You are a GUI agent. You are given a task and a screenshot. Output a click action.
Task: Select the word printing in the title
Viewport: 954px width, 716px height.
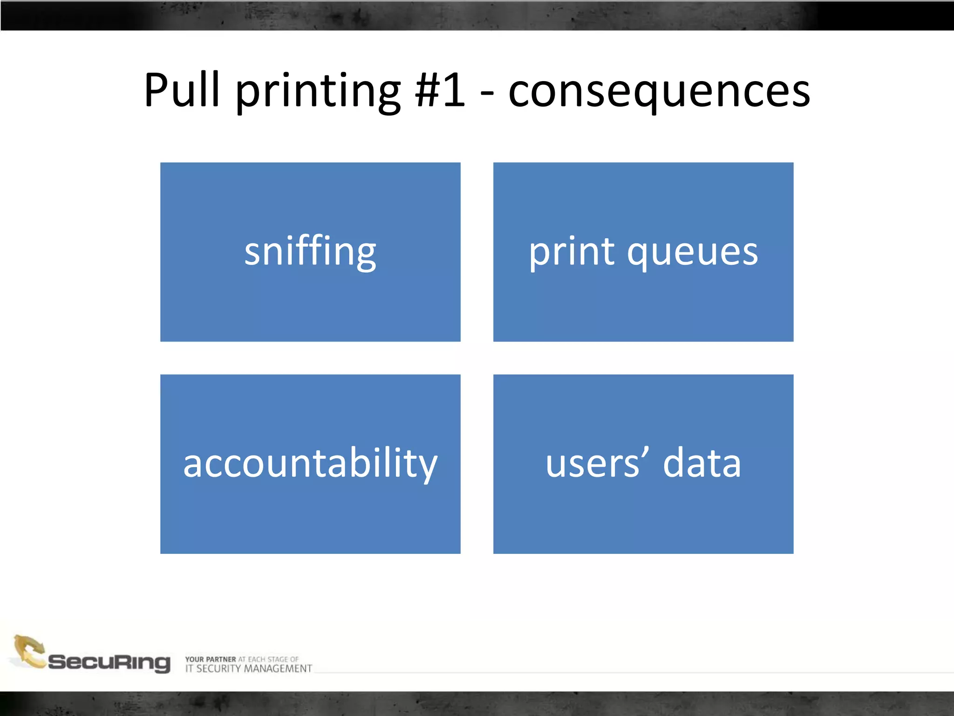point(318,91)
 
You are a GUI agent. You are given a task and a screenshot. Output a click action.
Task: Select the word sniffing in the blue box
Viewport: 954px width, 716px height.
point(310,252)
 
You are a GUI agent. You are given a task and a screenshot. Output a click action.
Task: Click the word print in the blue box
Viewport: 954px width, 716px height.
point(572,252)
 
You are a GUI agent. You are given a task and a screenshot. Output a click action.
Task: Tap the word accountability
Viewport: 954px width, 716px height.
point(310,464)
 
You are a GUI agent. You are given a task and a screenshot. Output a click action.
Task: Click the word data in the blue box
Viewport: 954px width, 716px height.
point(702,464)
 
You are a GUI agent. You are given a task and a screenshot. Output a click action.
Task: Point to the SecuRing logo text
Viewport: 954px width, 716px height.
point(109,662)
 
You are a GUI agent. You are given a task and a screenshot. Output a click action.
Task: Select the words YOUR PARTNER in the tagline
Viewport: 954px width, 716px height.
point(211,659)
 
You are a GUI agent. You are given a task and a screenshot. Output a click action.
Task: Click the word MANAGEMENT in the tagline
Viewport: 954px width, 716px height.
point(278,669)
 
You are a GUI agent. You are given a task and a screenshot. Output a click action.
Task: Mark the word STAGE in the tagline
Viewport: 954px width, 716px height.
point(278,659)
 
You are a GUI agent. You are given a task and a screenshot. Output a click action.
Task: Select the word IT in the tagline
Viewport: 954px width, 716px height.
point(189,669)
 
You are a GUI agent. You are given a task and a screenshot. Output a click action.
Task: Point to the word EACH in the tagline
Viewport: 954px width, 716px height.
point(257,659)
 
